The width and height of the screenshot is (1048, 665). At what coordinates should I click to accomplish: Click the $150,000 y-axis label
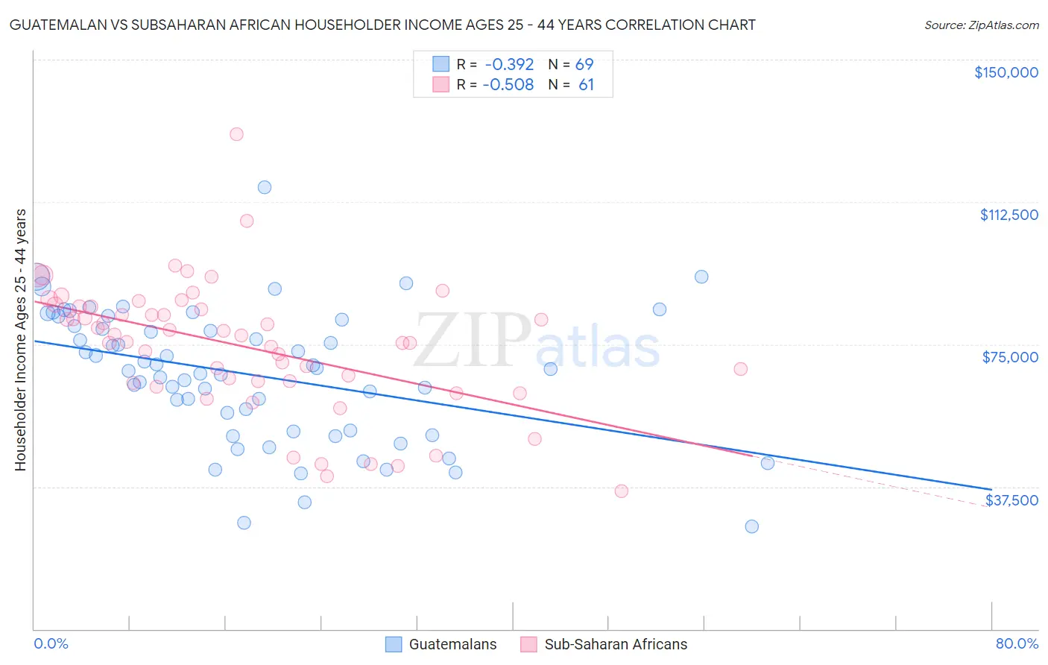pos(1006,72)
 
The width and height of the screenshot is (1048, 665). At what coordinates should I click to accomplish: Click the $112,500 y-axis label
pos(1008,215)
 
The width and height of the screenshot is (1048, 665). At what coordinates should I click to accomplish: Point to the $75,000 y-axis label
pos(1010,357)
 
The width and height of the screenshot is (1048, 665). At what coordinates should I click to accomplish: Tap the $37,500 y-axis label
pos(1011,500)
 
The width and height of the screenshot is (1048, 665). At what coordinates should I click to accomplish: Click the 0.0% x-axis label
pos(51,643)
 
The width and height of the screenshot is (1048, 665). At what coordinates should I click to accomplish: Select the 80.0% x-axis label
pos(1017,643)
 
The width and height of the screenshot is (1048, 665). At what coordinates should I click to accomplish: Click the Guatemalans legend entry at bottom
pos(452,645)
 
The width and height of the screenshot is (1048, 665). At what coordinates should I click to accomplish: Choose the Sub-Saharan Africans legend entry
pos(616,645)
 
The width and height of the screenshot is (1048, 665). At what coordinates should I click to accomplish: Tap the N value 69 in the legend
pos(584,64)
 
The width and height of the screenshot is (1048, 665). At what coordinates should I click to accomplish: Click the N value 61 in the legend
pos(586,85)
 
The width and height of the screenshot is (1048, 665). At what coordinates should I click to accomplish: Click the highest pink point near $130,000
pos(236,134)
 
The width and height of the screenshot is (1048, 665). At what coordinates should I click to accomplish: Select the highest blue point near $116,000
pos(264,187)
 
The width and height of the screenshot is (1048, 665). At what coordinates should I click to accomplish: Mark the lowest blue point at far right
pos(751,526)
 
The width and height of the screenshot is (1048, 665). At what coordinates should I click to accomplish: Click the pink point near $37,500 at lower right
pos(621,491)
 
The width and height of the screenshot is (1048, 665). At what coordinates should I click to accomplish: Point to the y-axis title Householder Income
pos(20,339)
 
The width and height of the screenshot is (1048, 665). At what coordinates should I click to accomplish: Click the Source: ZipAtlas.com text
pos(981,25)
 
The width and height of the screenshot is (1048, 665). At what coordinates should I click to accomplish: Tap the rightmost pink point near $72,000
pos(740,369)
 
